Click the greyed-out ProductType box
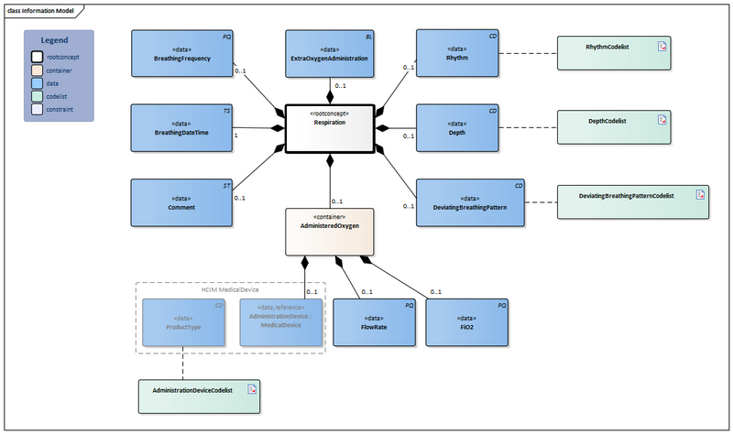[182, 321]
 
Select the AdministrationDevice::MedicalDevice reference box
[281, 321]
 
